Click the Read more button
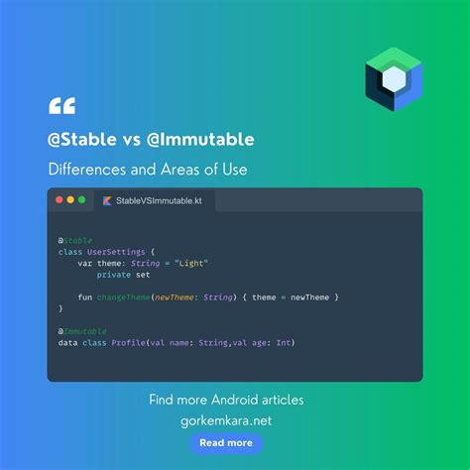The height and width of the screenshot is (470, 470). pos(225,443)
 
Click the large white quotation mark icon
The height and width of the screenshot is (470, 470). pos(61,105)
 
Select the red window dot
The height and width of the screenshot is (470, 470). pos(59,200)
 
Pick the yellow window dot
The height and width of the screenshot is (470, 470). pos(70,200)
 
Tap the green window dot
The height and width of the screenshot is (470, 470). pos(82,200)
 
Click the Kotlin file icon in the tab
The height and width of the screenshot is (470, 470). pos(107,200)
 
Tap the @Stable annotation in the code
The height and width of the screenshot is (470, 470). pos(75,241)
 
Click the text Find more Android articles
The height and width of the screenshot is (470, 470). pos(226,401)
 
